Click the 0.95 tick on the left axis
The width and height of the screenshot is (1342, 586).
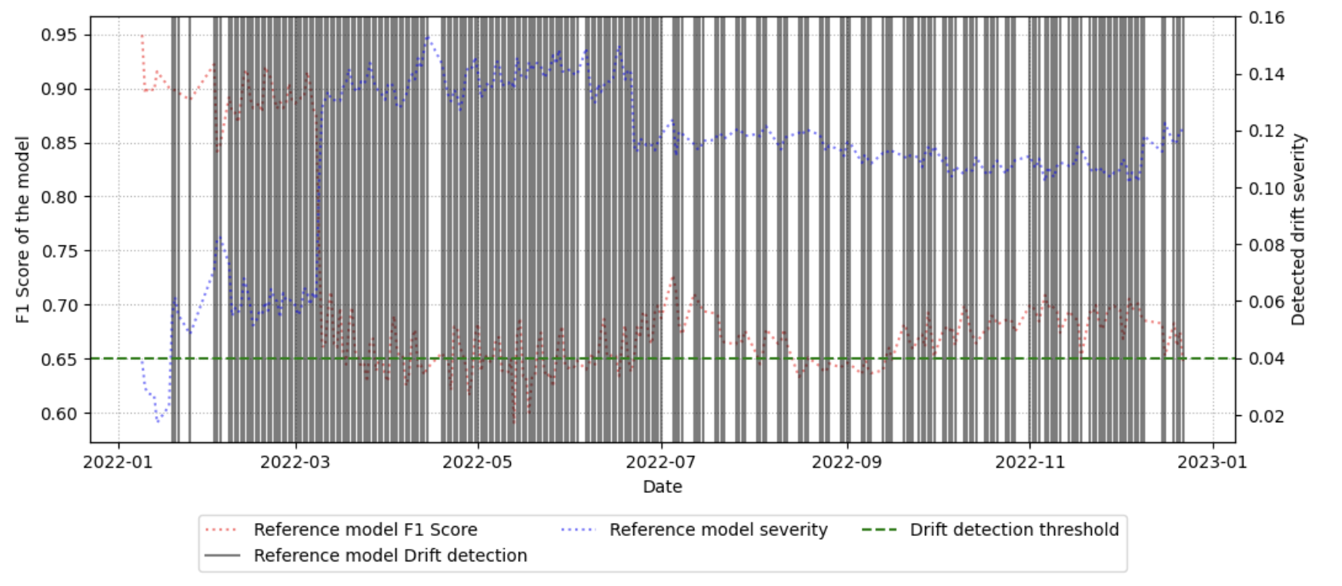[x=58, y=35]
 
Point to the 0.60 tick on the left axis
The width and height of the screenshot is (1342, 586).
[x=58, y=413]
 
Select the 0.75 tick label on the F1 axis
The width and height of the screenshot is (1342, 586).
[x=58, y=251]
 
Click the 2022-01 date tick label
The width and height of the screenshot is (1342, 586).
[x=118, y=462]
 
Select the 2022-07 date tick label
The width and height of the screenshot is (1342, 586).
[x=661, y=462]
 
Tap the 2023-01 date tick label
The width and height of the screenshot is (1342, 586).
[x=1213, y=462]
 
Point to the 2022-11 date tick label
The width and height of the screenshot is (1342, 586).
[x=1030, y=462]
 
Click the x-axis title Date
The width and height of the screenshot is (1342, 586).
[x=662, y=487]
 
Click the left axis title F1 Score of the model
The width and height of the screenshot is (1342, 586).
[x=23, y=229]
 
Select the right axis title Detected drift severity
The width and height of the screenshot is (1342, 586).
[x=1299, y=229]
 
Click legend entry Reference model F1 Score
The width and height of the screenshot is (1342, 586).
[x=365, y=530]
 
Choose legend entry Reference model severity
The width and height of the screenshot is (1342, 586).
[x=718, y=530]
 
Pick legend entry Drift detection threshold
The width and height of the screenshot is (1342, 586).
[x=1013, y=530]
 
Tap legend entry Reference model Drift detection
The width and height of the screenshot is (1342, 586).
[x=390, y=555]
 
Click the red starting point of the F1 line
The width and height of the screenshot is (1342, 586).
[x=142, y=35]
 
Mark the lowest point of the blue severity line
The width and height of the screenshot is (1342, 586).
[x=158, y=421]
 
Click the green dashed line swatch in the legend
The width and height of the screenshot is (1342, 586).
[x=879, y=530]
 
